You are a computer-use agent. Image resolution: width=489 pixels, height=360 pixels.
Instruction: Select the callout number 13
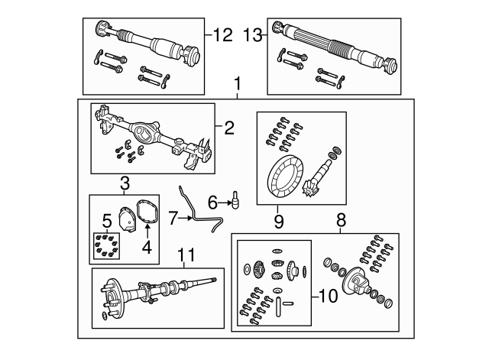[x=252, y=35]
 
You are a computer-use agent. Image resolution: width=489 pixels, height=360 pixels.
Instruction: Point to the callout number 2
[x=229, y=128]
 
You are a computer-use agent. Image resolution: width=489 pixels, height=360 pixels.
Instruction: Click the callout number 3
[x=125, y=183]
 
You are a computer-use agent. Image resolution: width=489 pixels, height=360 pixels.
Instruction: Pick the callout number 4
[x=147, y=247]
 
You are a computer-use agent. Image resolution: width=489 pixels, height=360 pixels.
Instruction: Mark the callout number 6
[x=213, y=203]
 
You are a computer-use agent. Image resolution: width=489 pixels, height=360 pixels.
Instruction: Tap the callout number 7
[x=174, y=219]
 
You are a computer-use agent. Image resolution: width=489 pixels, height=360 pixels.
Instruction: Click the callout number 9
[x=279, y=222]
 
